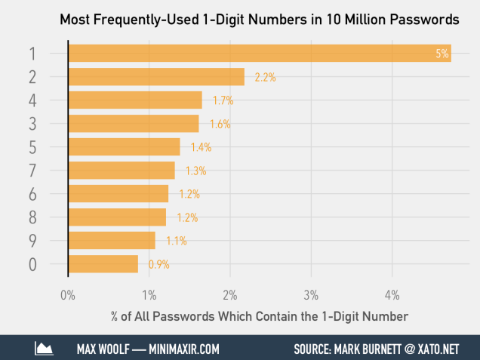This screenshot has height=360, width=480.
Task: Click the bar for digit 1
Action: point(260,53)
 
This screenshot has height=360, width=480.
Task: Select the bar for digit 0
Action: point(103,264)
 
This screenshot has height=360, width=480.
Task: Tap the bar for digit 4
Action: point(135,100)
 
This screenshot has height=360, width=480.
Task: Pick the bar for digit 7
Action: point(122,171)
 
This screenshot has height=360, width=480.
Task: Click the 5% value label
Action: point(442,54)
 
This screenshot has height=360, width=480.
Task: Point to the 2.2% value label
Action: point(265,77)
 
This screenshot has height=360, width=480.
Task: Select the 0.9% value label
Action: point(158,264)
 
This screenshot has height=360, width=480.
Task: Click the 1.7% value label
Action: point(223,100)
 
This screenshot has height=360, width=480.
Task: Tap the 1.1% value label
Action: point(175,241)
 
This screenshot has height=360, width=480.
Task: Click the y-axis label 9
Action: point(32,241)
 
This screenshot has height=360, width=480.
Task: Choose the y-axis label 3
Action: point(32,123)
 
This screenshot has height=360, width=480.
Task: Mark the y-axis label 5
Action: point(32,147)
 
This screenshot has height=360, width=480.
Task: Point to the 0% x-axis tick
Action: point(68,294)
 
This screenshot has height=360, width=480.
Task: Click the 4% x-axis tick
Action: point(392,294)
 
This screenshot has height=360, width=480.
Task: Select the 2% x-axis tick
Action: point(230,294)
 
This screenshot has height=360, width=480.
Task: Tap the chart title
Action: point(260,18)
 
